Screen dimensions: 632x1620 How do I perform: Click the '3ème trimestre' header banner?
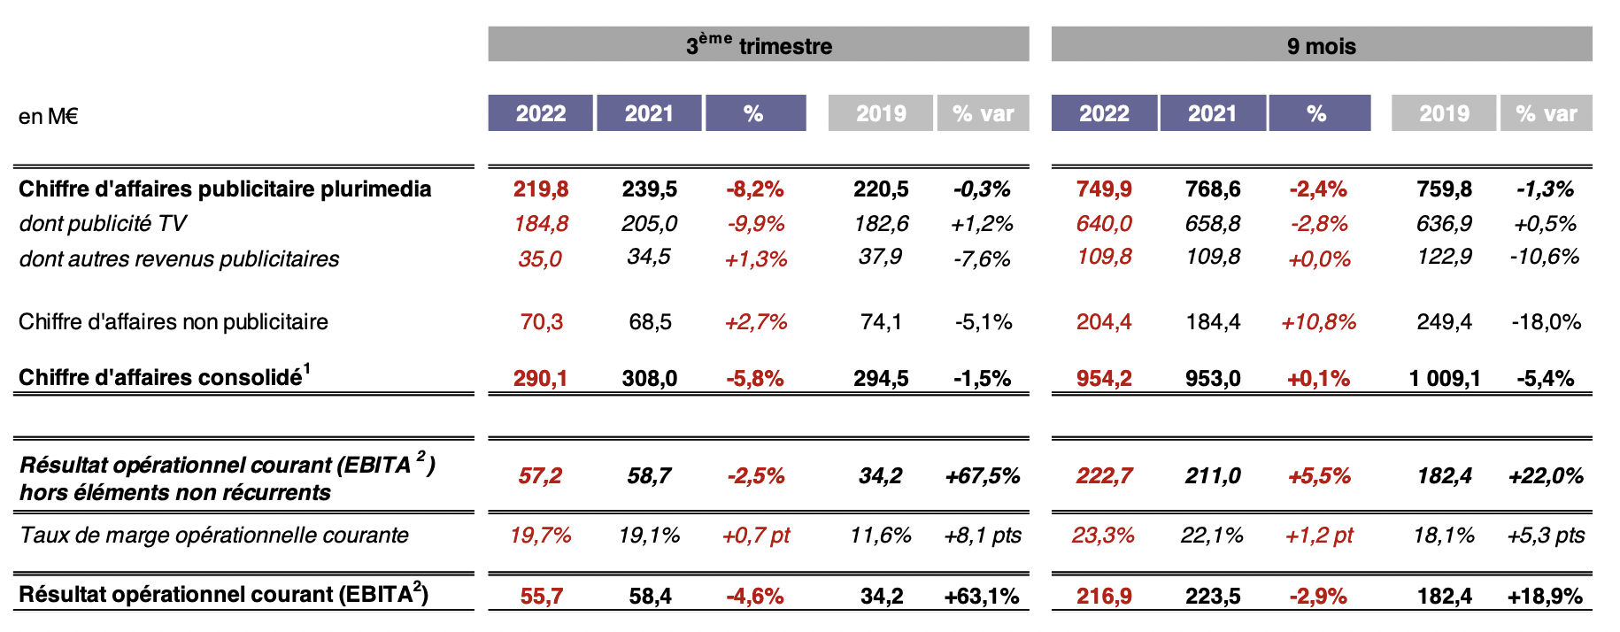coord(759,45)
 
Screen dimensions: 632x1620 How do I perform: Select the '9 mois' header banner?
coord(1321,45)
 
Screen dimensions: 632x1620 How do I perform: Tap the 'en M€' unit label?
coord(49,116)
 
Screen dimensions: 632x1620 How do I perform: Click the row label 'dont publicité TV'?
coord(103,223)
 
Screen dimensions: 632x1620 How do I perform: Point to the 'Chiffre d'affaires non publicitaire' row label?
coord(174,321)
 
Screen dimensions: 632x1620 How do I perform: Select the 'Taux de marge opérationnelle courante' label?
coord(214,535)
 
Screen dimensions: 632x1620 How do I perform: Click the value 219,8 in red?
coord(541,189)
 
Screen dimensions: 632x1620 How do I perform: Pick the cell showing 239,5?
coord(650,189)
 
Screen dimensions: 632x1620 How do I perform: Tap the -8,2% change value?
coord(755,189)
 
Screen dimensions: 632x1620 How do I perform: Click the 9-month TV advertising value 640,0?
coord(1104,223)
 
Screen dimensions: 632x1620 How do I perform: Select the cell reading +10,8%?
coord(1319,321)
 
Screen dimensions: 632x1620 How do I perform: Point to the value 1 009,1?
coord(1445,378)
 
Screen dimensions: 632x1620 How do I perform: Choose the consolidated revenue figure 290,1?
coord(541,378)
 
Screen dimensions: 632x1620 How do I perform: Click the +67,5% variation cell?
coord(983,475)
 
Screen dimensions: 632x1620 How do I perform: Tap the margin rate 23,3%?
coord(1103,535)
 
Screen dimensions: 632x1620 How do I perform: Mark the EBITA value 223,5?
coord(1213,596)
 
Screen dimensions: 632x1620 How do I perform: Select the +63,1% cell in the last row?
coord(983,596)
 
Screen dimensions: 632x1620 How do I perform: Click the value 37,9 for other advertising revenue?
coord(881,257)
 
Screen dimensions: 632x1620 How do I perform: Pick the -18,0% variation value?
coord(1547,321)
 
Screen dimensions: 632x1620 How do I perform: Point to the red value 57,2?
coord(540,475)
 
